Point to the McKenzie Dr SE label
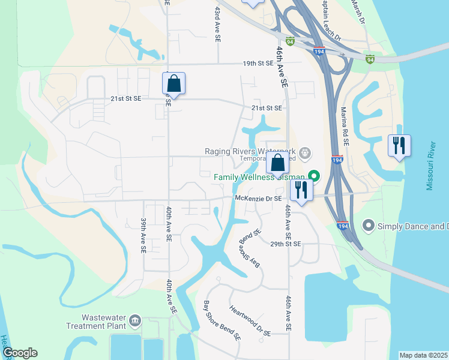coord(258,197)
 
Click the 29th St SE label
coord(285,244)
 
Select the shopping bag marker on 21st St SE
coord(173,84)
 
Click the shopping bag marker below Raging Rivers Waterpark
coord(278,163)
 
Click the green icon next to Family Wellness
coord(313,176)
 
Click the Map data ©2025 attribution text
coord(423,355)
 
